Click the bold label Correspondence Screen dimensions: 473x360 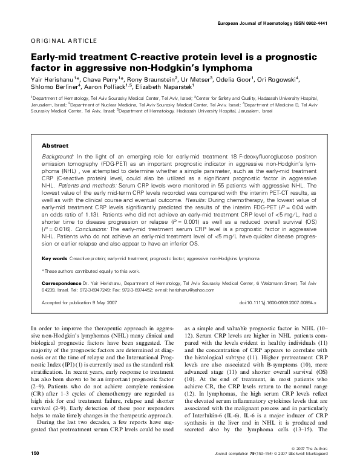tap(61, 283)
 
